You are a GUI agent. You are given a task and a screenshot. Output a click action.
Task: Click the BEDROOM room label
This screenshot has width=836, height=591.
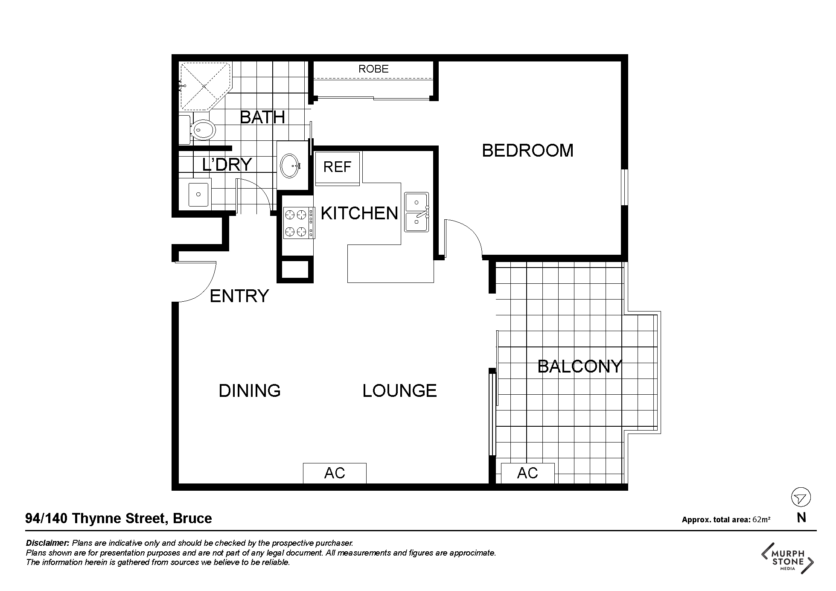click(x=527, y=151)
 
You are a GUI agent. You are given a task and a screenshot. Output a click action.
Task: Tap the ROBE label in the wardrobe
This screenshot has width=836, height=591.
click(x=373, y=69)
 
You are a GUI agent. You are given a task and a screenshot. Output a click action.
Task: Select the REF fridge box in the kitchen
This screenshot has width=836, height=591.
click(x=338, y=167)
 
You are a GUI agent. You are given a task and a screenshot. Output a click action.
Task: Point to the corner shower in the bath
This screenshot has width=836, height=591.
click(x=205, y=86)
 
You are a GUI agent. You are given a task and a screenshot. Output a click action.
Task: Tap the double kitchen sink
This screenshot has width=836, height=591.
click(x=417, y=212)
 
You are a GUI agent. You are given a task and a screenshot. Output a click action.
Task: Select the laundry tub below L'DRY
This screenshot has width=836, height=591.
click(x=198, y=195)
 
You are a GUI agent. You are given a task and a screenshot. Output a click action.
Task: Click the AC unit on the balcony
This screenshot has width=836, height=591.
click(x=527, y=473)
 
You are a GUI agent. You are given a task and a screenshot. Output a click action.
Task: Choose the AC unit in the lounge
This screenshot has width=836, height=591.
click(x=335, y=473)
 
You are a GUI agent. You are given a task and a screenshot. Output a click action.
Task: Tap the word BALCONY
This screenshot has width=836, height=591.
click(x=580, y=367)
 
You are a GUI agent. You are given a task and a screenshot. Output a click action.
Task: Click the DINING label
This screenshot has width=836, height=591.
click(x=250, y=391)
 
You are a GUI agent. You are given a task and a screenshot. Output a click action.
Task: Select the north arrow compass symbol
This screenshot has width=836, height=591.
click(x=801, y=498)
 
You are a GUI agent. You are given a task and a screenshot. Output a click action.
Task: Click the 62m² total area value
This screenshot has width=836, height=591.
click(x=761, y=519)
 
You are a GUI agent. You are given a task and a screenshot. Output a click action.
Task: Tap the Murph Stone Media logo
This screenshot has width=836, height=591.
click(x=788, y=558)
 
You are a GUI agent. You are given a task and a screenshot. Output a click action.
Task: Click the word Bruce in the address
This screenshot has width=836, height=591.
click(x=192, y=518)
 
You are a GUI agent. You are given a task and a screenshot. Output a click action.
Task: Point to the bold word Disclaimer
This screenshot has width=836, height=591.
click(x=47, y=543)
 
